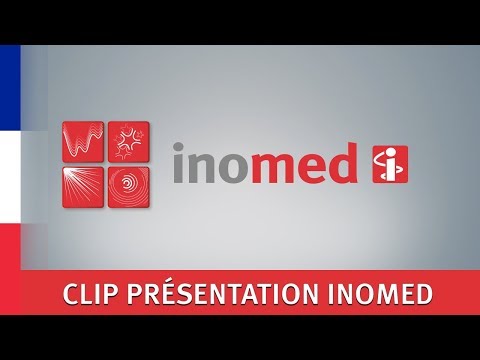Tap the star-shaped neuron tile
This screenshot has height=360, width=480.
(127, 140)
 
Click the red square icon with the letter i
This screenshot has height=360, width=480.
(389, 166)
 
